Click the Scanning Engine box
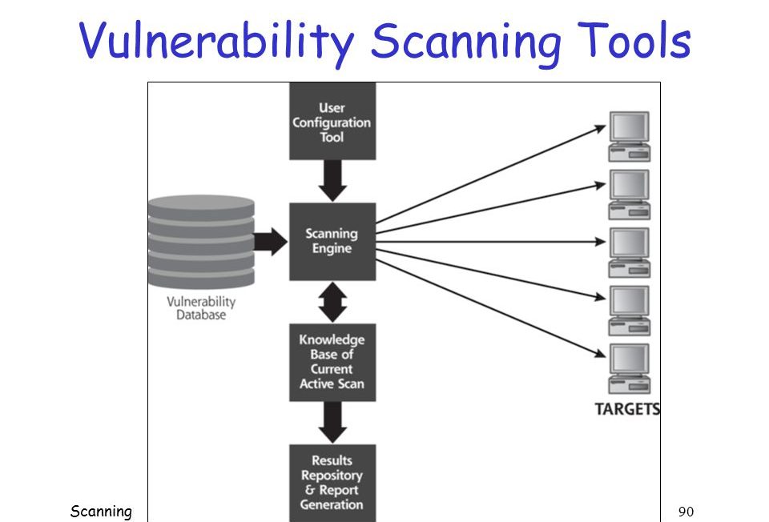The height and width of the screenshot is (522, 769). (332, 241)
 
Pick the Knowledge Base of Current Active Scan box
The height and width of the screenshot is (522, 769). (332, 362)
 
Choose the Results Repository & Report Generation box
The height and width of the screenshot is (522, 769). (332, 482)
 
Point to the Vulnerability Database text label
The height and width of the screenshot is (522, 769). (201, 307)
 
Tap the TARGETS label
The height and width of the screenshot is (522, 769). (627, 409)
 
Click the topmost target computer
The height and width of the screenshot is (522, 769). (629, 137)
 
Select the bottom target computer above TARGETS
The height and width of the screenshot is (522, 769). (629, 369)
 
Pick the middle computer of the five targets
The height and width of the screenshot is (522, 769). (629, 253)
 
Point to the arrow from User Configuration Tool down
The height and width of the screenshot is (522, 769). (332, 181)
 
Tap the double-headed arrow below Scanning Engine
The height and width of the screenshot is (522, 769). (332, 302)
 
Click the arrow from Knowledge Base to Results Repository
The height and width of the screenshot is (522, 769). (332, 422)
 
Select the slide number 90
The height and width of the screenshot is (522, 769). (685, 511)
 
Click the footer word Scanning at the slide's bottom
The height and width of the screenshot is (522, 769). (100, 511)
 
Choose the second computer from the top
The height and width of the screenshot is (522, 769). (629, 195)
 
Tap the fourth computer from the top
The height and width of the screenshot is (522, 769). (629, 311)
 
